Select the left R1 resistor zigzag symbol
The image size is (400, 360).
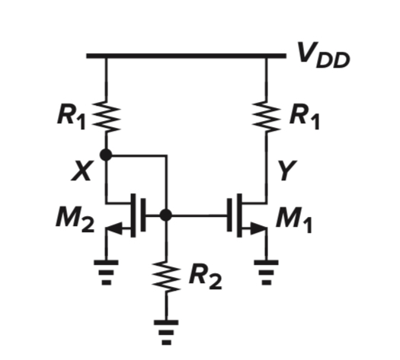[x=106, y=116]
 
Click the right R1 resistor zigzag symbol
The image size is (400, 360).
[x=266, y=116]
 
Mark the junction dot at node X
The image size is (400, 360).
[x=106, y=155]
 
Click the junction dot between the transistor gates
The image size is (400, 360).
[x=165, y=216]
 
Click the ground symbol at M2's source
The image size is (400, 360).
[x=106, y=270]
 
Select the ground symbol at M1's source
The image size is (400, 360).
[x=266, y=270]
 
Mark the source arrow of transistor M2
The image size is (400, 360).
[x=115, y=228]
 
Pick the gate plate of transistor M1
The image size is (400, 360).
[x=230, y=216]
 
